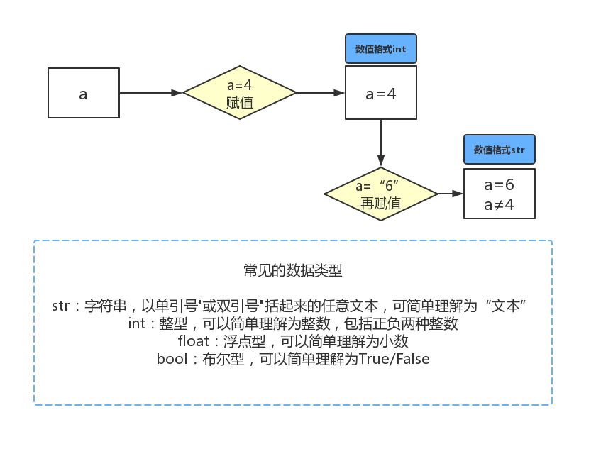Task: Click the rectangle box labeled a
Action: pyautogui.click(x=84, y=93)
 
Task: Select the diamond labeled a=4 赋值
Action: pyautogui.click(x=240, y=93)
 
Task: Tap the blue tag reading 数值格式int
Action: pyautogui.click(x=380, y=50)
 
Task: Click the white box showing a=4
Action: pyautogui.click(x=381, y=93)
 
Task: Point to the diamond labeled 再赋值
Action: pyautogui.click(x=381, y=194)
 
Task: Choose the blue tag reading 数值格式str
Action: pyautogui.click(x=499, y=150)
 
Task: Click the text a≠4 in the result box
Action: pyautogui.click(x=499, y=204)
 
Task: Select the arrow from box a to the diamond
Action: pyautogui.click(x=151, y=93)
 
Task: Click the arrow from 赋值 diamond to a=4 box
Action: pyautogui.click(x=321, y=93)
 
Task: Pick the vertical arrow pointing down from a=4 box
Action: pyautogui.click(x=381, y=142)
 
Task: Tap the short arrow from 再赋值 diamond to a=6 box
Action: pyautogui.click(x=449, y=194)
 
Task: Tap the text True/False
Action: pyautogui.click(x=394, y=359)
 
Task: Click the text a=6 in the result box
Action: pyautogui.click(x=499, y=186)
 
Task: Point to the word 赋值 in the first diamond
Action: pyautogui.click(x=240, y=102)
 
